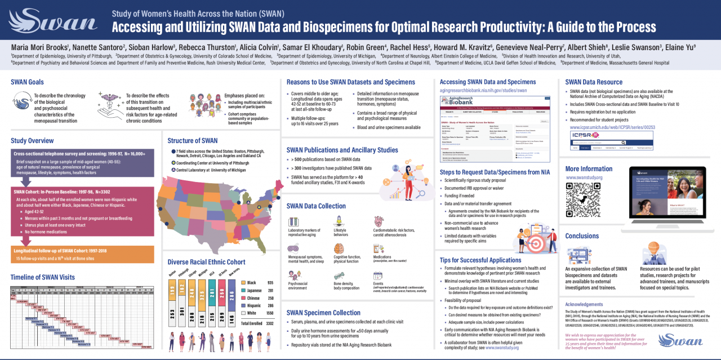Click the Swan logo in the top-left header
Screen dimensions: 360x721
[54, 22]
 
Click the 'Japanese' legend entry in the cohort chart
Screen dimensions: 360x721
[254, 290]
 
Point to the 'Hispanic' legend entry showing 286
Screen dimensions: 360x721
[254, 304]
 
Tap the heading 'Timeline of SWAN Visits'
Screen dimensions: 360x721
[42, 277]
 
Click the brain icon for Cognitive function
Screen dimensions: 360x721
[339, 248]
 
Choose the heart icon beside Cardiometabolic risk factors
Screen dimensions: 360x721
[379, 221]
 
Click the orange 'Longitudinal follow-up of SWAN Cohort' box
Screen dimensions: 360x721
[82, 254]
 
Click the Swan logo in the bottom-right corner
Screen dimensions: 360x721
[680, 340]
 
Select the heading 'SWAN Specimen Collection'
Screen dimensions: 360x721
[323, 312]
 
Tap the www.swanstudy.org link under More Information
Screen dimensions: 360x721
[584, 177]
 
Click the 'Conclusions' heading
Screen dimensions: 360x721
[582, 236]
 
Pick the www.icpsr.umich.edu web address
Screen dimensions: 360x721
[613, 127]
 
